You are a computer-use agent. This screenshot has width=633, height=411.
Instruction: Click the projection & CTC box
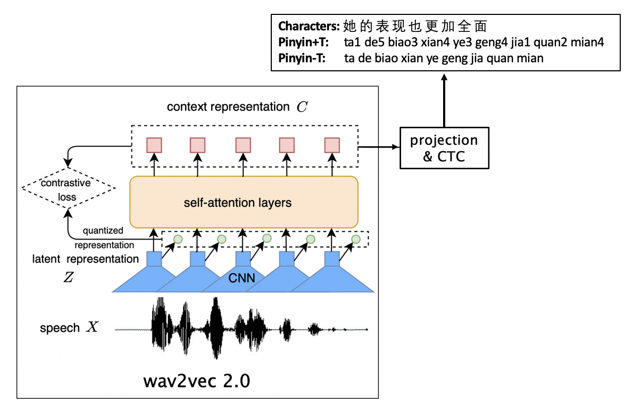(x=444, y=147)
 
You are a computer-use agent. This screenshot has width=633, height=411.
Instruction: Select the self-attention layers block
(x=244, y=202)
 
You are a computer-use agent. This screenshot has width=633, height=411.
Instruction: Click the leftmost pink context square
(x=154, y=145)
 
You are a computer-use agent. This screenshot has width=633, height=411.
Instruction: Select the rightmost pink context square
(x=332, y=145)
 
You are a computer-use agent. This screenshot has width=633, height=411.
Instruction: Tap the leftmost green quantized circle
(x=178, y=239)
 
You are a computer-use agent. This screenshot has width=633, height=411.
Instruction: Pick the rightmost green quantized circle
(x=355, y=239)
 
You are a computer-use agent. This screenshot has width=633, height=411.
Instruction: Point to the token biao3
(x=405, y=42)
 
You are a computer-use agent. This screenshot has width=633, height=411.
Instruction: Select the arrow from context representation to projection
(x=379, y=146)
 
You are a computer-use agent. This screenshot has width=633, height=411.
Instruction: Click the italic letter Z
(x=68, y=277)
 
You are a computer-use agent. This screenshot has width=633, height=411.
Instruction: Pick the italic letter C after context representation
(x=302, y=106)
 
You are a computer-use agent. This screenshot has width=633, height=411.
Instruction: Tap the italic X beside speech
(x=93, y=327)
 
